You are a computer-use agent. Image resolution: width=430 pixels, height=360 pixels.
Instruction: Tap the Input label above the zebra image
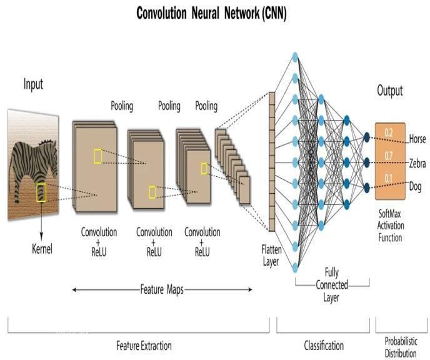33,84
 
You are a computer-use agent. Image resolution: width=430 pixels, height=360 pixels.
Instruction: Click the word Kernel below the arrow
42,249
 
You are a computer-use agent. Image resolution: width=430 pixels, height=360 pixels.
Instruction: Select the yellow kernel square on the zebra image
41,192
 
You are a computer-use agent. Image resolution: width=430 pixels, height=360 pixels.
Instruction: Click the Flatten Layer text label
270,256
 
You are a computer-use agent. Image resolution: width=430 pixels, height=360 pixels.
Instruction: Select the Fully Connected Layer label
331,285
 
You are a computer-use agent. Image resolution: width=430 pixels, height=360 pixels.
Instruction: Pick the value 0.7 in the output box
389,155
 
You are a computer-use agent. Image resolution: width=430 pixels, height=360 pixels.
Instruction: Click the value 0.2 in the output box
389,132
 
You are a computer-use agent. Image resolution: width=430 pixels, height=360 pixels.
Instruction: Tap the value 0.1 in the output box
389,178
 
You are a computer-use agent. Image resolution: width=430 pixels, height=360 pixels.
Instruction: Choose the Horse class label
417,139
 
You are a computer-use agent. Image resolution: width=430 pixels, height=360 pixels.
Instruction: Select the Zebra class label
417,163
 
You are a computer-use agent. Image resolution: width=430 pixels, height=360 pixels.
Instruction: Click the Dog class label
416,186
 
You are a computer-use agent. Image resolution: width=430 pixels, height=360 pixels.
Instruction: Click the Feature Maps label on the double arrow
161,289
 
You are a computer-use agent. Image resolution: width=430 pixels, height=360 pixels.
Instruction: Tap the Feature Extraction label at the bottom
144,346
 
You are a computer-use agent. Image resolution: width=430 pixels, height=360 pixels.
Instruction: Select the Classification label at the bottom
323,345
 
